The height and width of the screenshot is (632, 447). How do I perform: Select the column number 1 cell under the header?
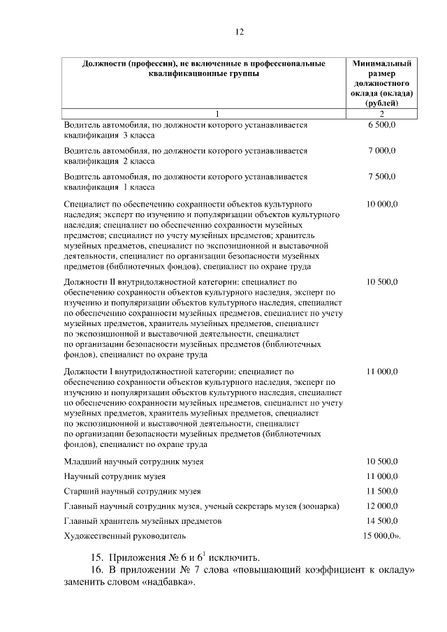click(217, 114)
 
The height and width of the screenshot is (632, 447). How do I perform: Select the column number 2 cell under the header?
click(382, 114)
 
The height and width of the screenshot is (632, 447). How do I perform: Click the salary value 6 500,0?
click(382, 124)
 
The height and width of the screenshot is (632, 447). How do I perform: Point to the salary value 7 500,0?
click(382, 177)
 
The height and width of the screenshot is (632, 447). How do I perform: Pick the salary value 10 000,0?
click(382, 204)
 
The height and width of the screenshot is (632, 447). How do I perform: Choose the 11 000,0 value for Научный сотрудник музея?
click(382, 476)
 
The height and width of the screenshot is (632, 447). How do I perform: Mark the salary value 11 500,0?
click(382, 491)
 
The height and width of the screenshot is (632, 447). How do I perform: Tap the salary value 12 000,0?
click(382, 506)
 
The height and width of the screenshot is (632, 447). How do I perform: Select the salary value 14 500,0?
click(382, 521)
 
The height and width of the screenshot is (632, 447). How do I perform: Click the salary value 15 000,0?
click(382, 536)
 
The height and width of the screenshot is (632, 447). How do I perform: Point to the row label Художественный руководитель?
click(125, 536)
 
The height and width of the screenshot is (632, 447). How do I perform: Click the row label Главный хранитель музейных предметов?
click(142, 521)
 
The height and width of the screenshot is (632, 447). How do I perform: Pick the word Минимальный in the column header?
click(382, 64)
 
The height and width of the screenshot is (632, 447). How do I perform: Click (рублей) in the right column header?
click(382, 103)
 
